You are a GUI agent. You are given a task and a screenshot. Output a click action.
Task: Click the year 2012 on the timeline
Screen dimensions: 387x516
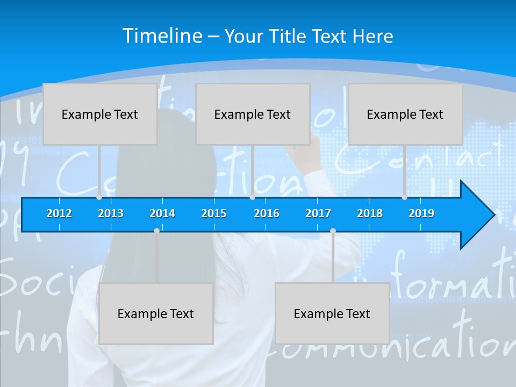pyautogui.click(x=59, y=213)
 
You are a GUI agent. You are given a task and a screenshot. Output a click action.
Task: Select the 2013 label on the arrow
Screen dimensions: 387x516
pyautogui.click(x=111, y=213)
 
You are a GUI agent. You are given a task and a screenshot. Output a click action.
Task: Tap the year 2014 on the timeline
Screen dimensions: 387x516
pyautogui.click(x=162, y=213)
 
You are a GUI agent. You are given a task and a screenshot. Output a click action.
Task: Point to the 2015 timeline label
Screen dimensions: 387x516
pyautogui.click(x=214, y=213)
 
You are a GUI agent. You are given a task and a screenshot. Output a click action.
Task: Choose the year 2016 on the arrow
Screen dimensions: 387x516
pyautogui.click(x=267, y=213)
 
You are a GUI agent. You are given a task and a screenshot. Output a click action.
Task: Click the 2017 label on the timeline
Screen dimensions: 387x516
pyautogui.click(x=318, y=213)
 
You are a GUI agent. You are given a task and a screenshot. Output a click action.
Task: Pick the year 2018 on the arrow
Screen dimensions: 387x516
pyautogui.click(x=370, y=213)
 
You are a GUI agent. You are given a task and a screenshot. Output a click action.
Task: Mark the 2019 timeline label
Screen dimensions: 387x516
pyautogui.click(x=421, y=213)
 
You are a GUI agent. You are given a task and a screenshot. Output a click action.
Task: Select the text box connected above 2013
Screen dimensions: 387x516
pyautogui.click(x=100, y=114)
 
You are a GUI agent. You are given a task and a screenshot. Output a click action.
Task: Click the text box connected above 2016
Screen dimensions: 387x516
pyautogui.click(x=253, y=114)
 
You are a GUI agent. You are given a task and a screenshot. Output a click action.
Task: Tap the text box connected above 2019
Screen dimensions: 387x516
pyautogui.click(x=405, y=114)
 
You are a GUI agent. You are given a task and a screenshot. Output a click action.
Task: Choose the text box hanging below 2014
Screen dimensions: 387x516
pyautogui.click(x=156, y=313)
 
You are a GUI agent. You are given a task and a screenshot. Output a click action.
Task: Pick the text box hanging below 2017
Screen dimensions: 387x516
pyautogui.click(x=332, y=313)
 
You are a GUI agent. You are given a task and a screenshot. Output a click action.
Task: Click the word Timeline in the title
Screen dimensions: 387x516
pyautogui.click(x=163, y=36)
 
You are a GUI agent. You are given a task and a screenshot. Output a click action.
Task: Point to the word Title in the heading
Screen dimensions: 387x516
pyautogui.click(x=289, y=37)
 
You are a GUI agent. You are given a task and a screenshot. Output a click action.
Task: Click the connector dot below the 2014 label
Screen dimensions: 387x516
pyautogui.click(x=156, y=231)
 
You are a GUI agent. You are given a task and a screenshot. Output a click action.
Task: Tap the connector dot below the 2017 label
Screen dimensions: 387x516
pyautogui.click(x=333, y=231)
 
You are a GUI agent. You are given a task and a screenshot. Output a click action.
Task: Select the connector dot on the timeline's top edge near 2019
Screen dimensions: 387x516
pyautogui.click(x=404, y=197)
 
